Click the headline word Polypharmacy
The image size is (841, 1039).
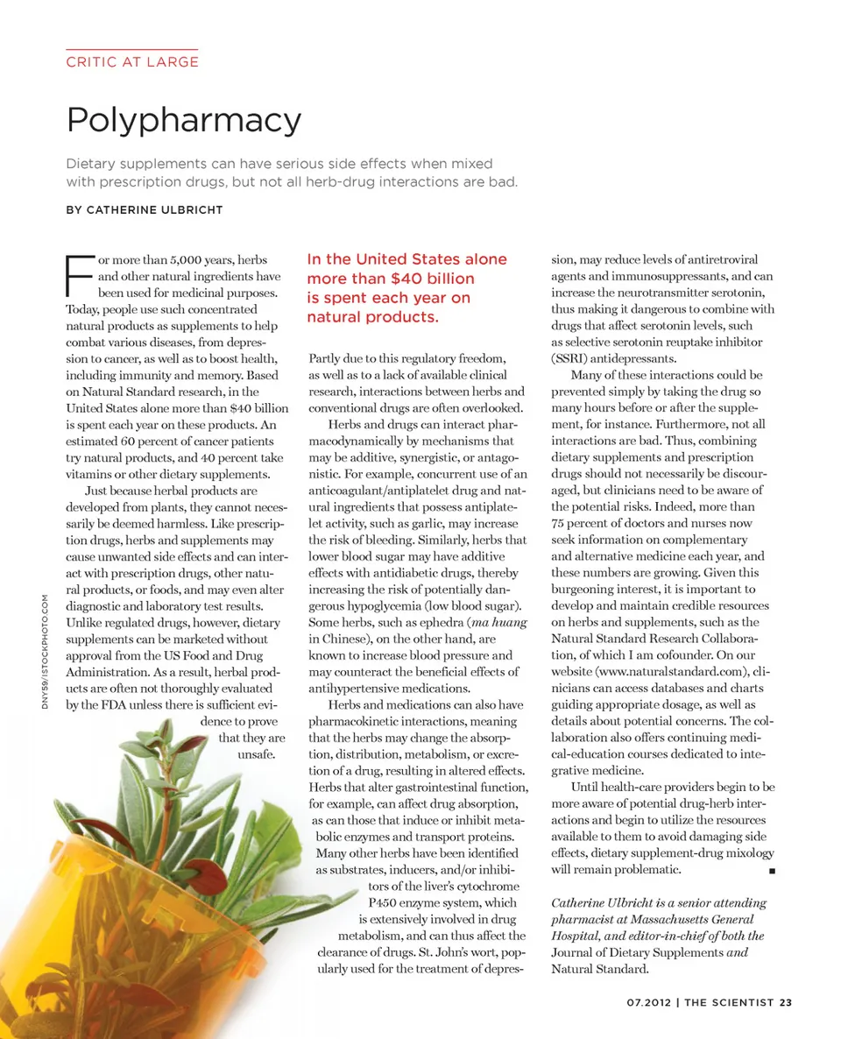point(184,119)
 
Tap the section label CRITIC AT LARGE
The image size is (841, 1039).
point(132,61)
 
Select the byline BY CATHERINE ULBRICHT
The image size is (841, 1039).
point(145,210)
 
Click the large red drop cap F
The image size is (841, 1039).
point(81,276)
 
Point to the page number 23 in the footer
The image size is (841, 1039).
point(785,1003)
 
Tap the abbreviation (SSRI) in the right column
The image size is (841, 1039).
point(571,358)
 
